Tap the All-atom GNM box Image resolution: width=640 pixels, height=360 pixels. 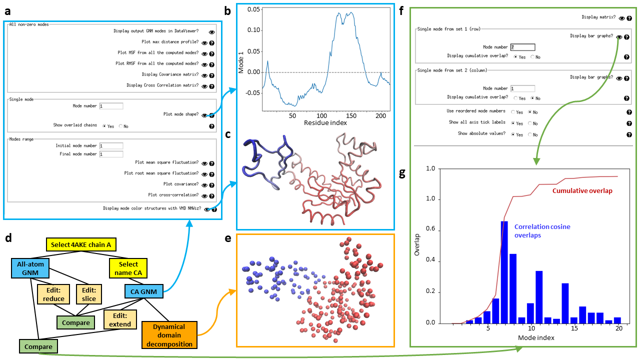30,271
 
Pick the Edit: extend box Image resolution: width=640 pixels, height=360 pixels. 120,319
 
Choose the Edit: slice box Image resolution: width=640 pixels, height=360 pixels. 88,293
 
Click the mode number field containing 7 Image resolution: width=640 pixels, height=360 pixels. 522,47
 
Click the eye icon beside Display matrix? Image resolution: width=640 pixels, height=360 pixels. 621,17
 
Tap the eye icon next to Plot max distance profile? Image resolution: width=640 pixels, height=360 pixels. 204,42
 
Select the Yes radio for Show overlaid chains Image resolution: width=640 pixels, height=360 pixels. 104,126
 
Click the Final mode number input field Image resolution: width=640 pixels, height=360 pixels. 111,154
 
